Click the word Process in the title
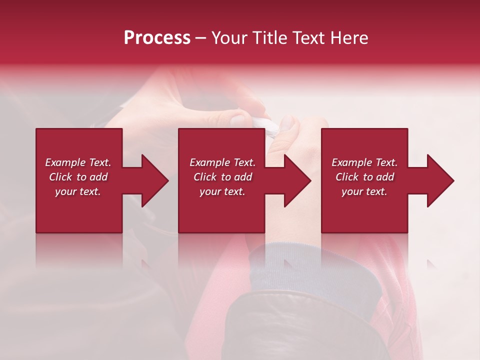pyautogui.click(x=157, y=38)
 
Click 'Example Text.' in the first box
pyautogui.click(x=78, y=162)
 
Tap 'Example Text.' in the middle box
pyautogui.click(x=222, y=162)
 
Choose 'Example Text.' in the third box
pyautogui.click(x=364, y=162)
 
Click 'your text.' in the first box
pyautogui.click(x=78, y=191)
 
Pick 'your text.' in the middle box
pyautogui.click(x=222, y=191)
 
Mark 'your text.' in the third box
pyautogui.click(x=364, y=191)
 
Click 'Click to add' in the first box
pyautogui.click(x=78, y=177)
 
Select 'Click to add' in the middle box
pyautogui.click(x=222, y=177)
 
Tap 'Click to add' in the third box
pyautogui.click(x=364, y=177)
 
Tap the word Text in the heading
pyautogui.click(x=309, y=38)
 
